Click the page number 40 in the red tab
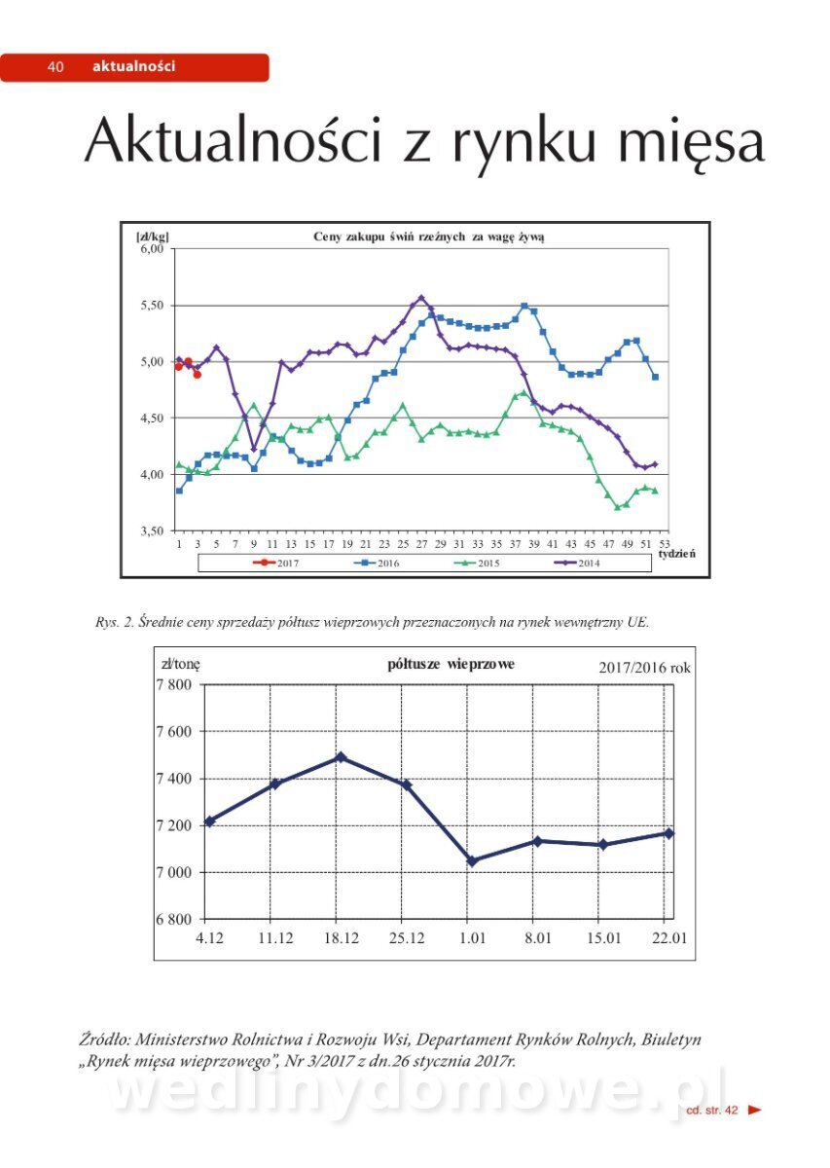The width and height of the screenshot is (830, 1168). [x=55, y=67]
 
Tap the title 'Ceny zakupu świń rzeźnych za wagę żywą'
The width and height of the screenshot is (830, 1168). [x=428, y=237]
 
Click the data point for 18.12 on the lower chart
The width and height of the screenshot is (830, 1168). [x=341, y=757]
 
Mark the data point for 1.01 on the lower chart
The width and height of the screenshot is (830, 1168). [x=472, y=861]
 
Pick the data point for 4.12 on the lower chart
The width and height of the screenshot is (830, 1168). [x=209, y=821]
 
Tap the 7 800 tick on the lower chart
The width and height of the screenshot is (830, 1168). [x=175, y=684]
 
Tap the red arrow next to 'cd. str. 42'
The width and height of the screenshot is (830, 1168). [x=755, y=1110]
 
